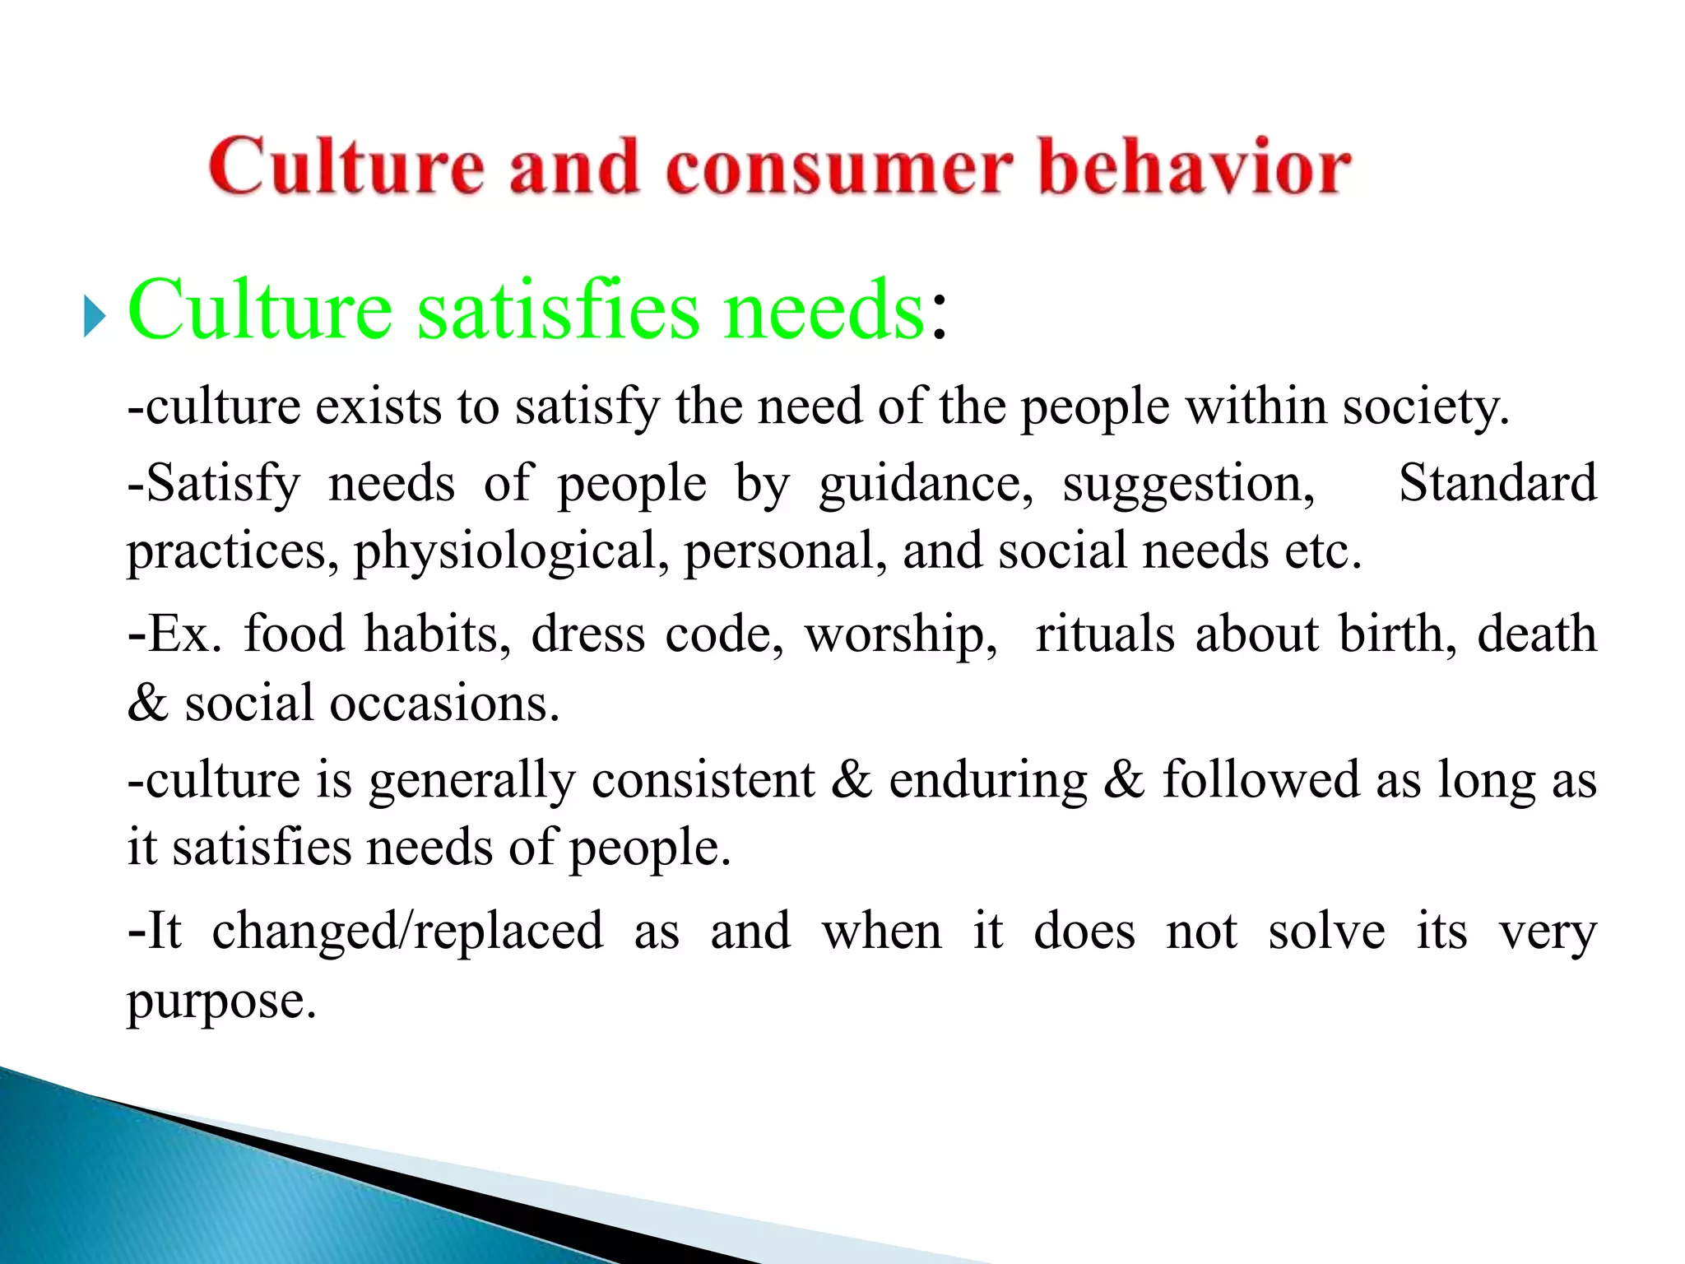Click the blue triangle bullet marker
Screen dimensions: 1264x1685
95,316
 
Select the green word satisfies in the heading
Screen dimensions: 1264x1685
559,310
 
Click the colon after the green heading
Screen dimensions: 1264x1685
939,316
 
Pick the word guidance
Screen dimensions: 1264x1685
925,484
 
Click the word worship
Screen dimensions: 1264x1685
901,634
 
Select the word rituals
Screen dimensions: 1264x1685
1105,634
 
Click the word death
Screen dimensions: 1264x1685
1536,634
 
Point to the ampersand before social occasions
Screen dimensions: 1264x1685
147,704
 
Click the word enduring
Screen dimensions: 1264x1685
987,781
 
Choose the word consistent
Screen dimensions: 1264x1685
703,779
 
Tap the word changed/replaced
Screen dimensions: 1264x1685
407,932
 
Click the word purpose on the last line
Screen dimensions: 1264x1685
220,1002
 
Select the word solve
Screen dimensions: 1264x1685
1326,932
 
